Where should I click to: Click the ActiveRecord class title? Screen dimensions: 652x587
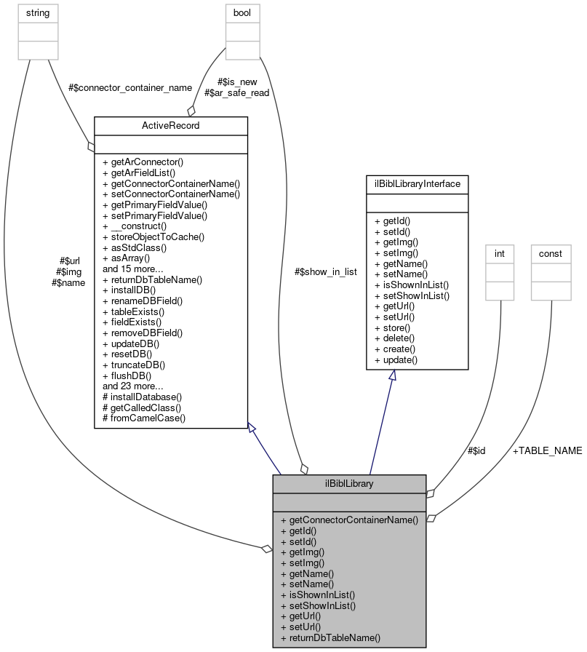[171, 126]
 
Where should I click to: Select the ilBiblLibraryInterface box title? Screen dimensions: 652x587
[417, 184]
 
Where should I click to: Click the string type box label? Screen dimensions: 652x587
[37, 12]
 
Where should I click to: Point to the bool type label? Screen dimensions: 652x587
[241, 12]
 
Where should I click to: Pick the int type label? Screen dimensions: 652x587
[500, 253]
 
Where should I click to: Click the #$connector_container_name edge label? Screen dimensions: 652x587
[129, 87]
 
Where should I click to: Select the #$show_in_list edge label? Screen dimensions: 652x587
[325, 271]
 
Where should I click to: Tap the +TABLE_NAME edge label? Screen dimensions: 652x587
[547, 450]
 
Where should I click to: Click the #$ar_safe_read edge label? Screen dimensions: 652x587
[237, 93]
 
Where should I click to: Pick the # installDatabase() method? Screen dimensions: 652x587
[142, 397]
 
